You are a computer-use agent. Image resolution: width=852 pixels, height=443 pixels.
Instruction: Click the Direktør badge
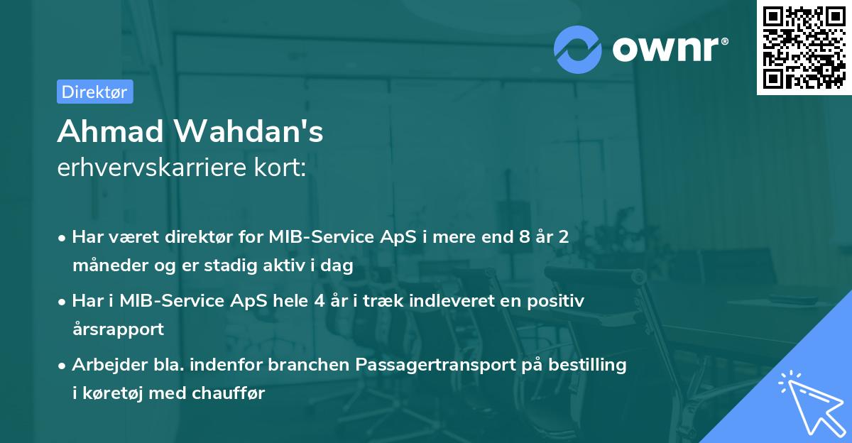point(94,92)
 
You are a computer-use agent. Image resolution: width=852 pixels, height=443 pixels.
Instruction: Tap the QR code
point(804,48)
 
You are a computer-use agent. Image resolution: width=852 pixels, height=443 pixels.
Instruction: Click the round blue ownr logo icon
point(578,49)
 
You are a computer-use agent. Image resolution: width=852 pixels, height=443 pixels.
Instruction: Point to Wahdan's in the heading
point(248,131)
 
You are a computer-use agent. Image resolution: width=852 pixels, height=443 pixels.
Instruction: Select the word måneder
point(104,266)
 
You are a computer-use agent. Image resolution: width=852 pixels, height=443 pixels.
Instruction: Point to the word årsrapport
point(118,329)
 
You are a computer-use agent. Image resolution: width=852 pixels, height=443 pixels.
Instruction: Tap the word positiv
point(558,301)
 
